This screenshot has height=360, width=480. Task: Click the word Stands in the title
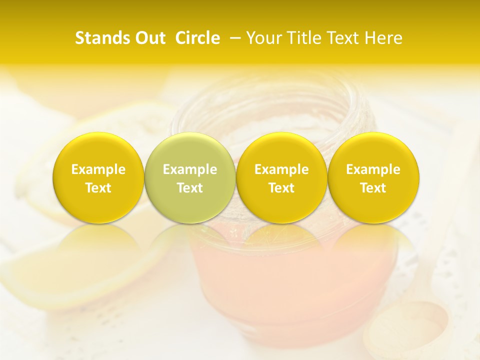coord(101,38)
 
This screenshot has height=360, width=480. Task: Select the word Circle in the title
coord(197,38)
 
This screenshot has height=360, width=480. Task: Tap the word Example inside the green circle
coord(190,169)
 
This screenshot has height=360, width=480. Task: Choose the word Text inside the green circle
coord(190,188)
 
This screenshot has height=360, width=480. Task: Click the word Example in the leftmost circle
coord(98,169)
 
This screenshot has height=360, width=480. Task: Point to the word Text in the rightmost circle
coord(373,188)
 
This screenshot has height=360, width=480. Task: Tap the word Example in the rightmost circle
coord(373,169)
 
